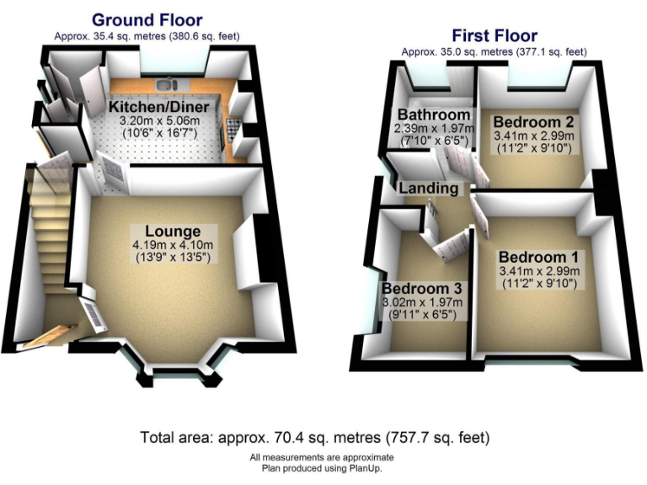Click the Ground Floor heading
147,19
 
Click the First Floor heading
494,35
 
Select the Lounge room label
173,232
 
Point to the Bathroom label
434,115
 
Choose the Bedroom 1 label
537,257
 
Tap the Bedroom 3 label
420,289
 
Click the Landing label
429,188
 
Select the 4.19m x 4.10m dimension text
172,244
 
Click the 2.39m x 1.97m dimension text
435,128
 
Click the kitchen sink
168,83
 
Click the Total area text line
314,438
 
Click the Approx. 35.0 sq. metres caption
494,51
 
